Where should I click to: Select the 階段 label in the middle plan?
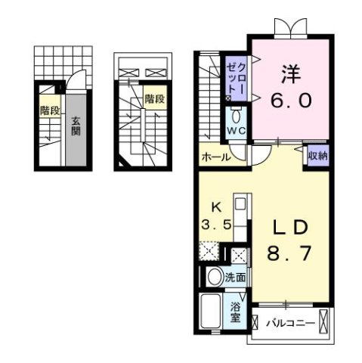[154, 98]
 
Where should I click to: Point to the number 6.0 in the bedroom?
[290, 101]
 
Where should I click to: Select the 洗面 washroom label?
[234, 278]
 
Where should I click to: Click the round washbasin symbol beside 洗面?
[212, 278]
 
